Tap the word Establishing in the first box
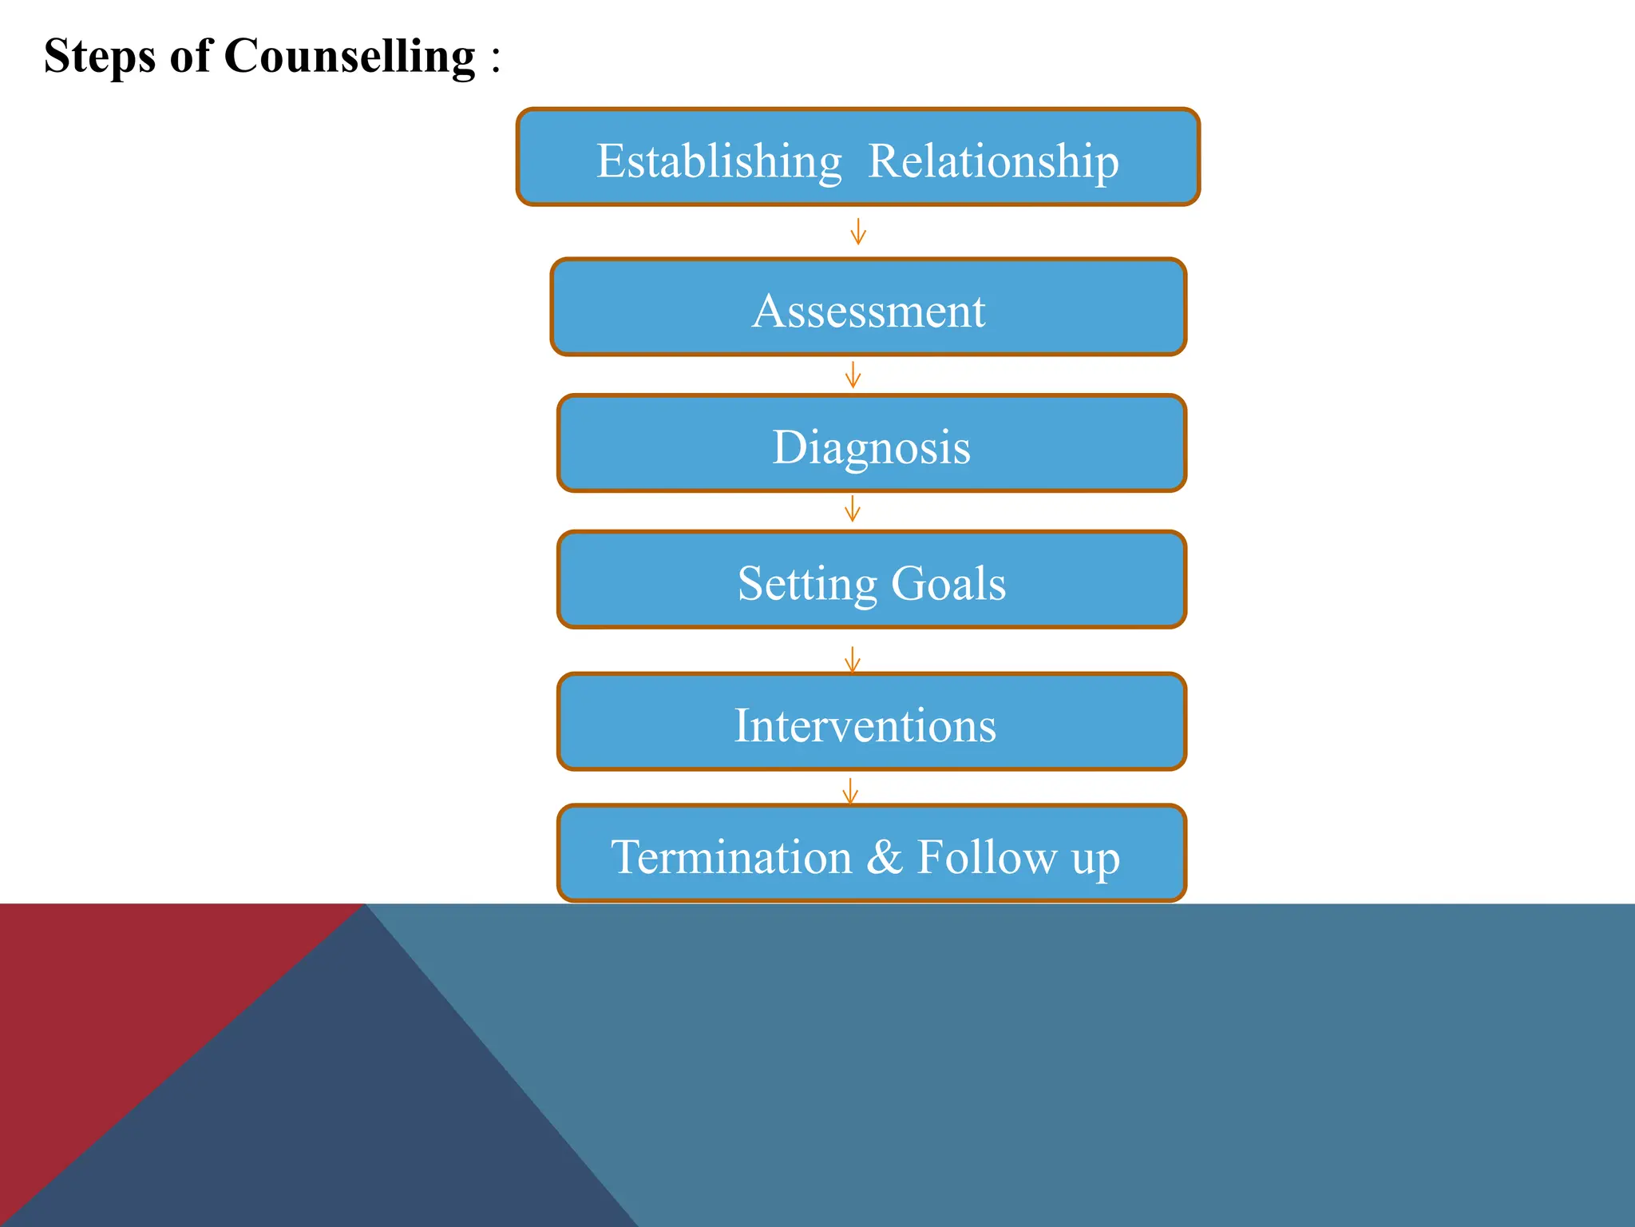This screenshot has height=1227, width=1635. tap(719, 161)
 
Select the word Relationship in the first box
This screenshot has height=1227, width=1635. tap(993, 161)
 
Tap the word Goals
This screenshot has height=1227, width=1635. tap(948, 583)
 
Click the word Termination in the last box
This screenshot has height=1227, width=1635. tap(731, 857)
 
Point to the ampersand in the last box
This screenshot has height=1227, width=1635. tap(885, 857)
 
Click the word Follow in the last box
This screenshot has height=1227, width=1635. tap(987, 857)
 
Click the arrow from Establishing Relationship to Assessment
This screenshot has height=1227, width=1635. tap(858, 232)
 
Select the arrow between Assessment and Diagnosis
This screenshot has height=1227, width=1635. tap(853, 375)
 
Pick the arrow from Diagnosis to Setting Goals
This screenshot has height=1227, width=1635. tap(852, 509)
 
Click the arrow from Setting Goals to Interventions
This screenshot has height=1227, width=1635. tap(852, 659)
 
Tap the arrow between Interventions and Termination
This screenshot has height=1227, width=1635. tap(850, 791)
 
